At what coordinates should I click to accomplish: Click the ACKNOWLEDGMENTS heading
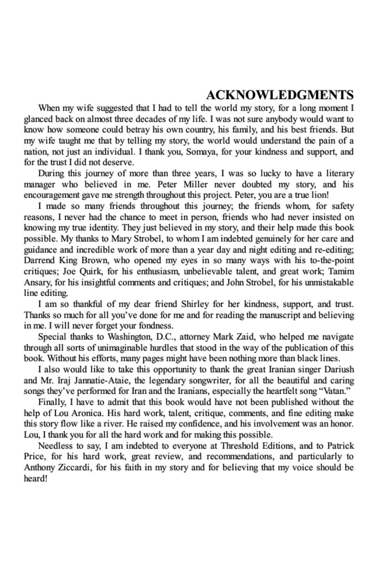pyautogui.click(x=280, y=95)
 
